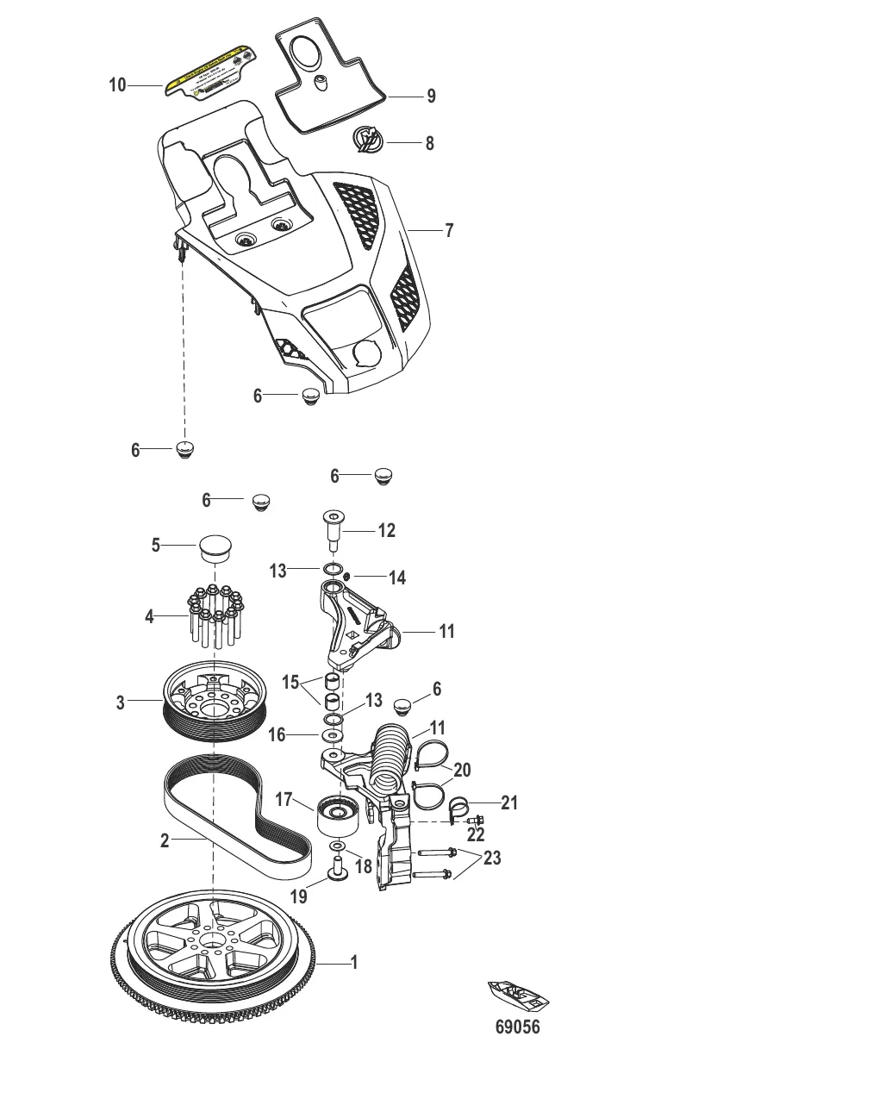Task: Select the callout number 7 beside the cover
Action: point(448,230)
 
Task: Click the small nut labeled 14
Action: point(346,577)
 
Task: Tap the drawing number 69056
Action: point(517,1027)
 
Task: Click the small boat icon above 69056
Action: point(518,996)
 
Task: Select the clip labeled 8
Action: point(369,140)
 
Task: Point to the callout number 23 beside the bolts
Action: point(492,859)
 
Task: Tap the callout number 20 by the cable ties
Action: point(462,769)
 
